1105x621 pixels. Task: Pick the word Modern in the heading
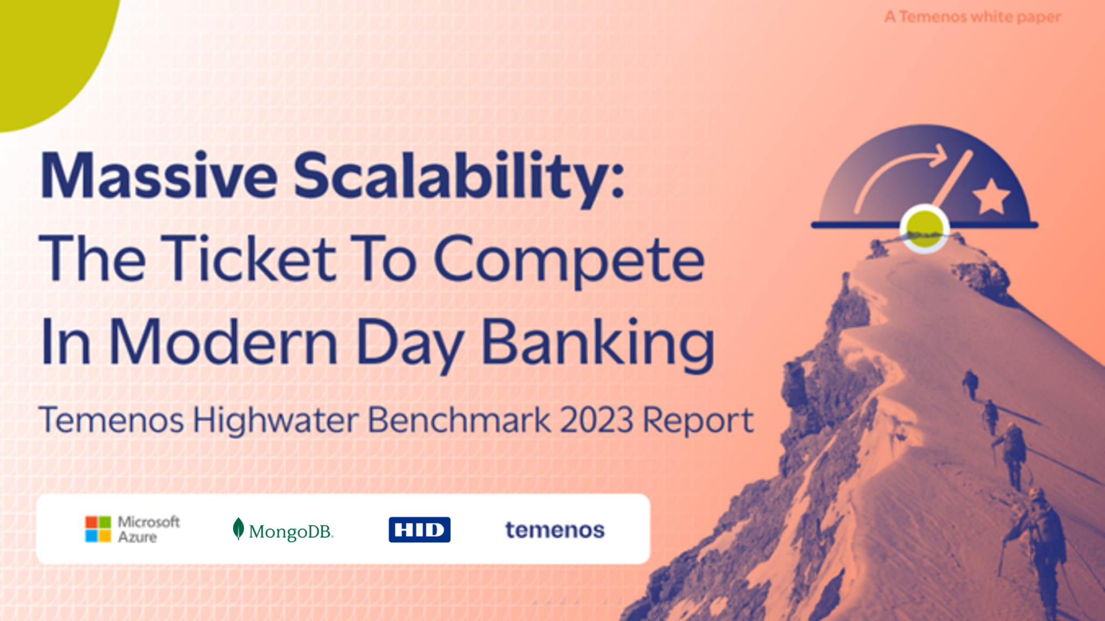(223, 342)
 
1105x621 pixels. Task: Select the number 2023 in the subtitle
(597, 420)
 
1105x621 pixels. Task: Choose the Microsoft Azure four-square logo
(98, 529)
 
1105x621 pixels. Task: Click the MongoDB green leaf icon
(238, 529)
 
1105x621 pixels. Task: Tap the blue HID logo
(419, 529)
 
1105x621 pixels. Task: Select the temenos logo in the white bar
(555, 530)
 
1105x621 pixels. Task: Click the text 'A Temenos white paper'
(973, 17)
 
